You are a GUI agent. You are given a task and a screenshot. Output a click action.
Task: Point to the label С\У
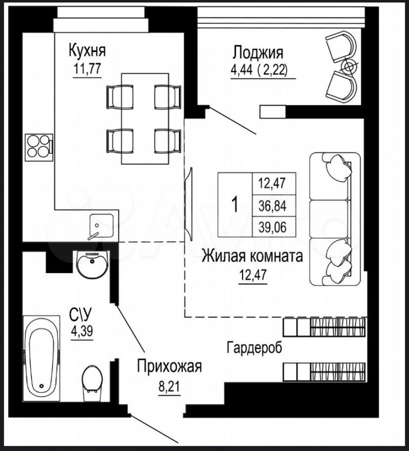pos(82,314)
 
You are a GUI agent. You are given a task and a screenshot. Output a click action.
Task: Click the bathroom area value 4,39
pos(82,331)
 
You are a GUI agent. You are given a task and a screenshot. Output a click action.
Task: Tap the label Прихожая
pos(169,366)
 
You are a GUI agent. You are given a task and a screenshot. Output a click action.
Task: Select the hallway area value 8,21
pos(169,384)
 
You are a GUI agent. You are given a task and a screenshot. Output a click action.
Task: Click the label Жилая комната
pos(252,256)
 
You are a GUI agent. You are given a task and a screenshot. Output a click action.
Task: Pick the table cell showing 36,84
pos(272,206)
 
